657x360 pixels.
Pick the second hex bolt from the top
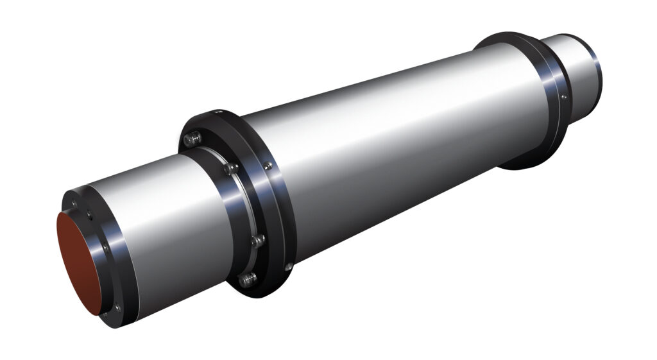click(228, 169)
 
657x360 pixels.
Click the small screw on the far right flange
click(563, 97)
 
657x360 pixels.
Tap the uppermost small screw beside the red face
click(75, 205)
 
